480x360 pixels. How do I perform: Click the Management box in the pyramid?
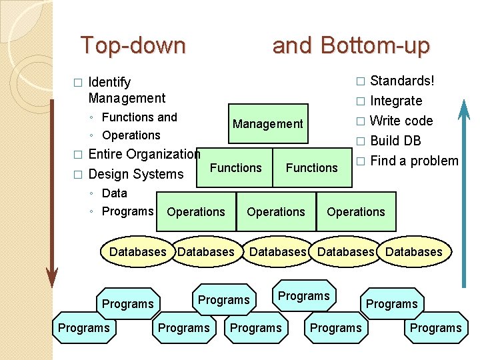[268, 124]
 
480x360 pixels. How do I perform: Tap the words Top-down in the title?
[133, 46]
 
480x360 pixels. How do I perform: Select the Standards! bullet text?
[402, 81]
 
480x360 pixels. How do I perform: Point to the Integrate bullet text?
[396, 101]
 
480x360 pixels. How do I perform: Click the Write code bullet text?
[401, 121]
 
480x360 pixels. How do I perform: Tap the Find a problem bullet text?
[414, 161]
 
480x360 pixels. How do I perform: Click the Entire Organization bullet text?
[144, 154]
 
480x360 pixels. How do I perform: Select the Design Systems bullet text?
[135, 174]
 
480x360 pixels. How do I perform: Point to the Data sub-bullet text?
[114, 193]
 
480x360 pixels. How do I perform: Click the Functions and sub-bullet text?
[139, 117]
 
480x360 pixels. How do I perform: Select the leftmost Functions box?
[236, 167]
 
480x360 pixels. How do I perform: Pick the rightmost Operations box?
[356, 212]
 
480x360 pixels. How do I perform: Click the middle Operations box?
[276, 212]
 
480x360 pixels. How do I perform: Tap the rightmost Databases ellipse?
[414, 252]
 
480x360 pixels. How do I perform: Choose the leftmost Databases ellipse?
[137, 252]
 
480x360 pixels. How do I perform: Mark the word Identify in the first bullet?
[109, 82]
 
